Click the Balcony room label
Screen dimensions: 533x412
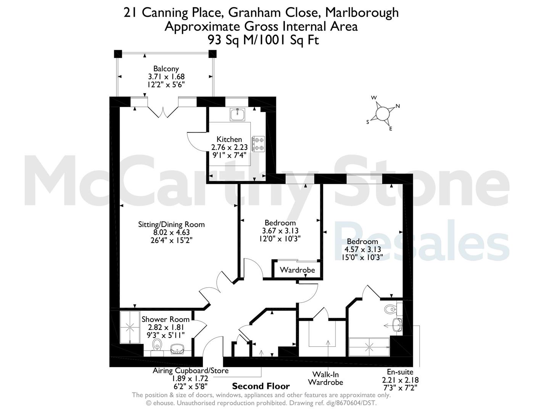tap(166, 69)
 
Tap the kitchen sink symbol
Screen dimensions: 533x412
tap(237, 114)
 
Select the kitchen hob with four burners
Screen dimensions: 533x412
tap(258, 144)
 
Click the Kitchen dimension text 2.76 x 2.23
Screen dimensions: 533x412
tap(229, 147)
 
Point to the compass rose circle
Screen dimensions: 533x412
tap(382, 114)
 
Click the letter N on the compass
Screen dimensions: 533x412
tap(398, 106)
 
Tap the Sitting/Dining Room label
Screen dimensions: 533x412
tap(171, 224)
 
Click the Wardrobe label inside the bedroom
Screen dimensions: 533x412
tap(297, 270)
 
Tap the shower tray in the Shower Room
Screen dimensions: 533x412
tap(130, 327)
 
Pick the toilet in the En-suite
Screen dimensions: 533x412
tap(390, 309)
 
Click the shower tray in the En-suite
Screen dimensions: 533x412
tap(369, 347)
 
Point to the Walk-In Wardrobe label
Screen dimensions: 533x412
tap(325, 378)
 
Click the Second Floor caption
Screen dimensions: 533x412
tap(261, 386)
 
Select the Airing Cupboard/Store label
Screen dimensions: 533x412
tap(191, 370)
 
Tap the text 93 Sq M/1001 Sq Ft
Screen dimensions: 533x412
tap(263, 40)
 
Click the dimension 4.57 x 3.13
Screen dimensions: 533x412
tap(362, 249)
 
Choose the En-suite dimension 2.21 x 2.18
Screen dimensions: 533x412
tap(400, 380)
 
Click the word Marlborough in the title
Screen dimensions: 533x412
tap(362, 13)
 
